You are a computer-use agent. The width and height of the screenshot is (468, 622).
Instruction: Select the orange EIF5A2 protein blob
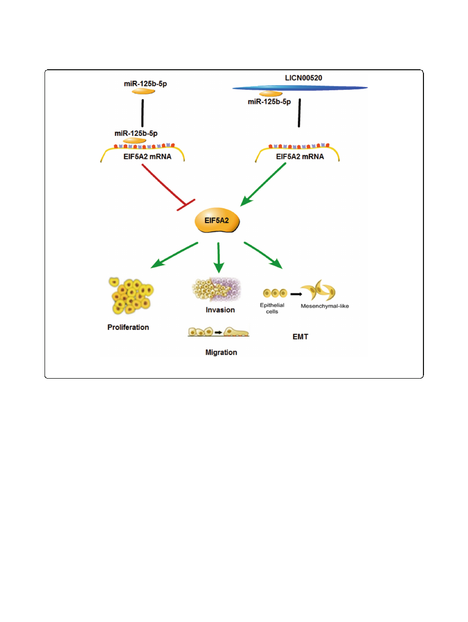pos(217,222)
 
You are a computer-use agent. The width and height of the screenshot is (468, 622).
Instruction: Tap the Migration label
pos(221,352)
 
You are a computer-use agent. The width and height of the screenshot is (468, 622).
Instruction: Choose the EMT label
pos(300,337)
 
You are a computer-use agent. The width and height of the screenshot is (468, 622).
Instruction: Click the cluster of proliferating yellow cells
pos(128,296)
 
